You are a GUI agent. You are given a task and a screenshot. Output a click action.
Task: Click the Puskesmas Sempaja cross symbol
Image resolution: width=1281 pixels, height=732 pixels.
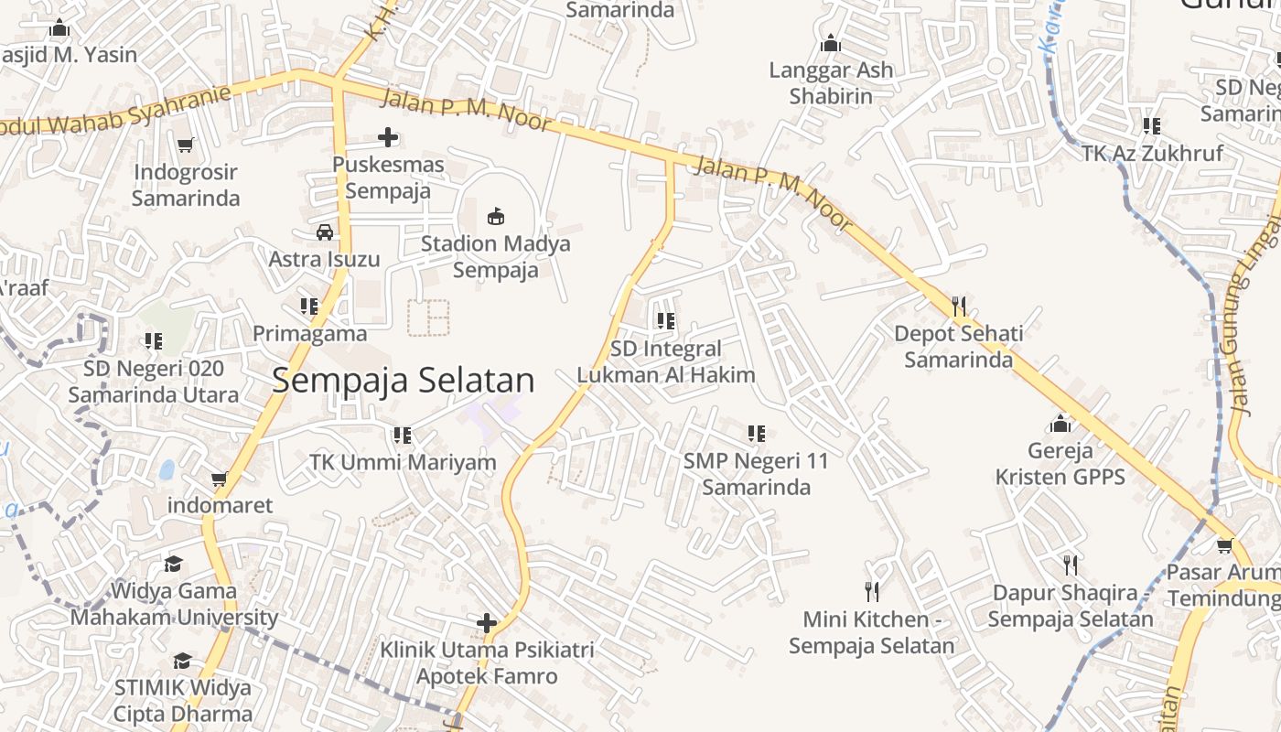[388, 138]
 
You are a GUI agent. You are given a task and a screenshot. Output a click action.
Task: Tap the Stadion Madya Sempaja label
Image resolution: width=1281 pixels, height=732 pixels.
[495, 257]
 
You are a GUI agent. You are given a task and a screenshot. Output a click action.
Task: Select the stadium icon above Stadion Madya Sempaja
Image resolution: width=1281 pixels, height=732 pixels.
[496, 216]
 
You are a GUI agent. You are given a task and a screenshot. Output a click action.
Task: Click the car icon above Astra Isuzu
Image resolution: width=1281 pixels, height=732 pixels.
[325, 231]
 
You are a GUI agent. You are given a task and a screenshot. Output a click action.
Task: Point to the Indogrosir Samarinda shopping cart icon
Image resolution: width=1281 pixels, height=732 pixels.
[186, 145]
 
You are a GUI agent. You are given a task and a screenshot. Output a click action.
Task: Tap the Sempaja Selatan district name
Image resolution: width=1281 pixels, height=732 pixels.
[403, 381]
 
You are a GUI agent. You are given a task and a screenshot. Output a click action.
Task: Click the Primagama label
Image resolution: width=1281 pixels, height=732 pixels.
[309, 334]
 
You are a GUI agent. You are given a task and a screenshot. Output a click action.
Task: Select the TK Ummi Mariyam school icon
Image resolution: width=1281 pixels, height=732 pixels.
[403, 435]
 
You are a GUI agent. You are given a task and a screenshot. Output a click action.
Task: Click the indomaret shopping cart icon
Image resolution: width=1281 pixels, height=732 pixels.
[220, 479]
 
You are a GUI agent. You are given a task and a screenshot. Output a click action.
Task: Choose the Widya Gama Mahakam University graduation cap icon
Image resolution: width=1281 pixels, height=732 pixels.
[174, 564]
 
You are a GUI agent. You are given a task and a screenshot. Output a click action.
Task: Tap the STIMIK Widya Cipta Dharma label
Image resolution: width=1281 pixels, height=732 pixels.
[183, 701]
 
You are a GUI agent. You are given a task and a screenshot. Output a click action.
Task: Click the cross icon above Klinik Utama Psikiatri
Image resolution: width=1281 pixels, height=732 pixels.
[487, 624]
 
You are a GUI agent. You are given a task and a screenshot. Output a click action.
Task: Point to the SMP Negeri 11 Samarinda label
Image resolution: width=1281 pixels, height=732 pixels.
[756, 474]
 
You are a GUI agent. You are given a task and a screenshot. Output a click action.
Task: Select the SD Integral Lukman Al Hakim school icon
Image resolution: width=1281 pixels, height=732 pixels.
[665, 321]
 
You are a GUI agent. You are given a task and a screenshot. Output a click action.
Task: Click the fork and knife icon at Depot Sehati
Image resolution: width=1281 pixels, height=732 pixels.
[959, 307]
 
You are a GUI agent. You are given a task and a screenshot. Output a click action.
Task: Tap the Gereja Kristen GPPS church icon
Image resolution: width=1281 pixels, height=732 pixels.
[1060, 424]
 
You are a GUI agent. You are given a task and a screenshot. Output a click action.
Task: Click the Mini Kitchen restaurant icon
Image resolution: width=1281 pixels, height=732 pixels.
[872, 592]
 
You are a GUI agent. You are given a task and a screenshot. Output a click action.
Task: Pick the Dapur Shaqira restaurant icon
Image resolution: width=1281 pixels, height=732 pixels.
[1071, 565]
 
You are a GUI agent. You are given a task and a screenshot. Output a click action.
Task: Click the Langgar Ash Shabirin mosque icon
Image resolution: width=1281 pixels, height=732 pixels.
[831, 43]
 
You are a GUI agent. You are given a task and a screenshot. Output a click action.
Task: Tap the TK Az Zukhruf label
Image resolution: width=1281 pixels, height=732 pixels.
[1152, 153]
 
